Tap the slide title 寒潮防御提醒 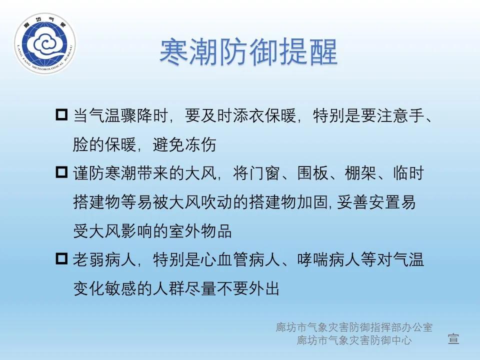(x=248, y=51)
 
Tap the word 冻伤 (x=204, y=145)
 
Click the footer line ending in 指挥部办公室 (x=354, y=327)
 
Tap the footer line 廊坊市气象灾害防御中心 (x=354, y=340)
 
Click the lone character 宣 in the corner (x=453, y=339)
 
